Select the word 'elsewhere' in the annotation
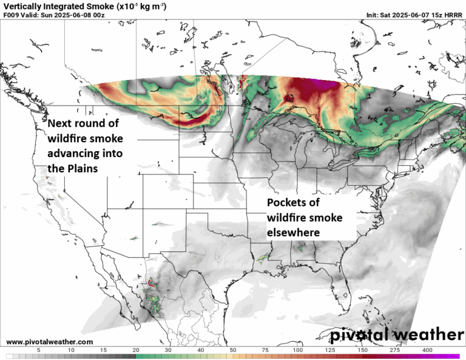click(x=294, y=232)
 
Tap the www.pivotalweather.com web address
click(x=50, y=342)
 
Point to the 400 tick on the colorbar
click(x=428, y=350)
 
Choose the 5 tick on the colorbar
click(x=38, y=350)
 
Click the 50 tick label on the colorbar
click(x=233, y=350)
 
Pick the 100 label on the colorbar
click(x=298, y=350)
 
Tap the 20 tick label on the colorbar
click(x=135, y=350)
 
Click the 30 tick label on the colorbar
click(x=168, y=350)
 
